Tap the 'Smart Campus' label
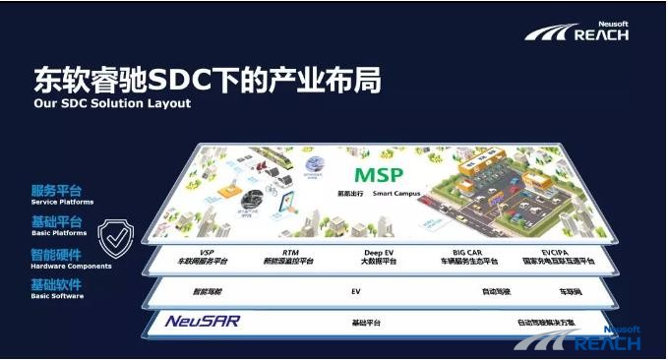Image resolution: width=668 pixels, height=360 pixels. pyautogui.click(x=397, y=194)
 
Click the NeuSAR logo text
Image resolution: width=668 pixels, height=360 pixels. pyautogui.click(x=203, y=321)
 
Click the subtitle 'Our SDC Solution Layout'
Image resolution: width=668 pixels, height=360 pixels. pyautogui.click(x=112, y=103)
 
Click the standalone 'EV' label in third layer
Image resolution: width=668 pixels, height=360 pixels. pyautogui.click(x=356, y=292)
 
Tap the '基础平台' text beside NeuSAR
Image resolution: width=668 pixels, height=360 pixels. pyautogui.click(x=366, y=323)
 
